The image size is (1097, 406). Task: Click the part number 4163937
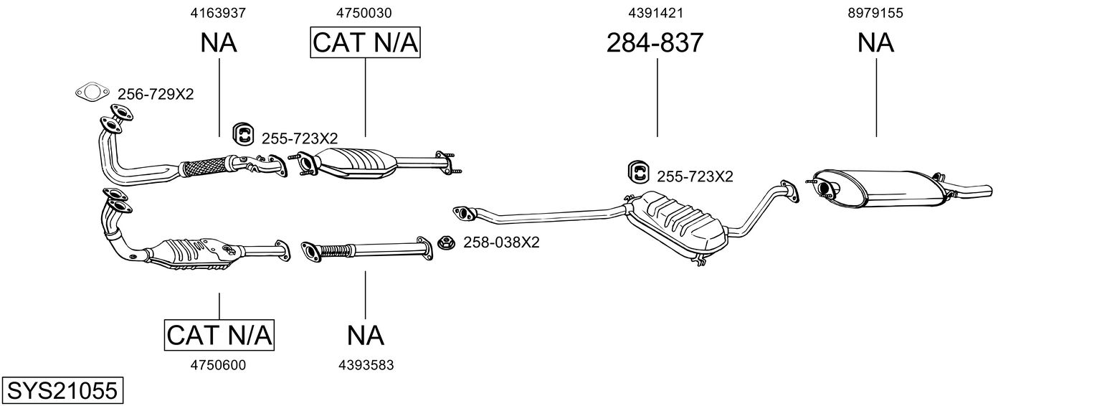219,13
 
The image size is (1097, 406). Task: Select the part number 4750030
364,13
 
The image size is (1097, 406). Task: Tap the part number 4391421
655,13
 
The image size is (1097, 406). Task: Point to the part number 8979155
875,13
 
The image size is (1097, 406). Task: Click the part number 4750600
218,365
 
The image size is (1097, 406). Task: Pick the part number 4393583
366,365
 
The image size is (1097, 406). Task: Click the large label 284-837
655,44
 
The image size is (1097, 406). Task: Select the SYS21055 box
62,391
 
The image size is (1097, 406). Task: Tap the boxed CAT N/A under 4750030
365,44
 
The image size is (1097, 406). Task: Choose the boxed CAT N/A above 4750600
219,335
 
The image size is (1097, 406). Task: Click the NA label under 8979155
875,44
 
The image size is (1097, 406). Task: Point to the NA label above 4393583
366,335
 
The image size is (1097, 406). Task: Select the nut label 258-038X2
501,242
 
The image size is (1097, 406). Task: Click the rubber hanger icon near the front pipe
244,134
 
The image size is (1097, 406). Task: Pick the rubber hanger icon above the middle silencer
638,172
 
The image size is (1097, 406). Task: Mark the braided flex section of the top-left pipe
204,167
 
